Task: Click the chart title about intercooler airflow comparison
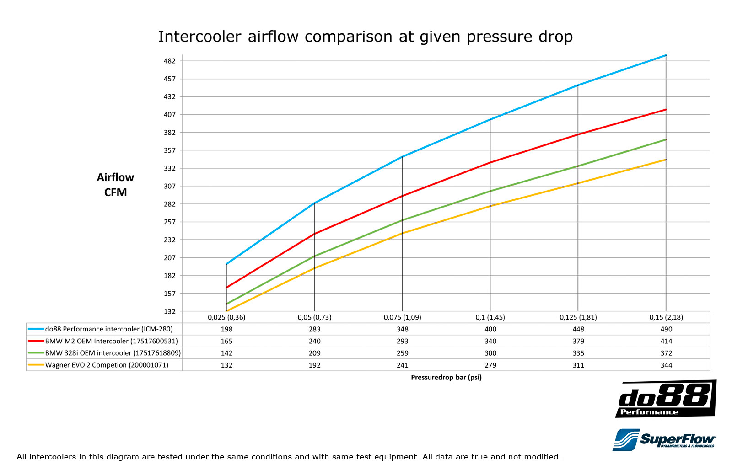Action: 365,37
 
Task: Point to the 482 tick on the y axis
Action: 170,61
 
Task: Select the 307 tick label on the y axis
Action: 170,186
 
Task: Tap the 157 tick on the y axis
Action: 170,294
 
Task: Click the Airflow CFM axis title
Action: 115,185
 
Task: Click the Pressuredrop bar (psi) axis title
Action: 446,377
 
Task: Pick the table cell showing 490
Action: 666,329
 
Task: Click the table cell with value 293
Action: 403,341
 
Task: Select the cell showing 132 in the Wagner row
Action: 226,365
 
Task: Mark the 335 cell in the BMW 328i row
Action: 578,353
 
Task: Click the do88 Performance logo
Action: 666,399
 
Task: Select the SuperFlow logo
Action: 664,440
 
